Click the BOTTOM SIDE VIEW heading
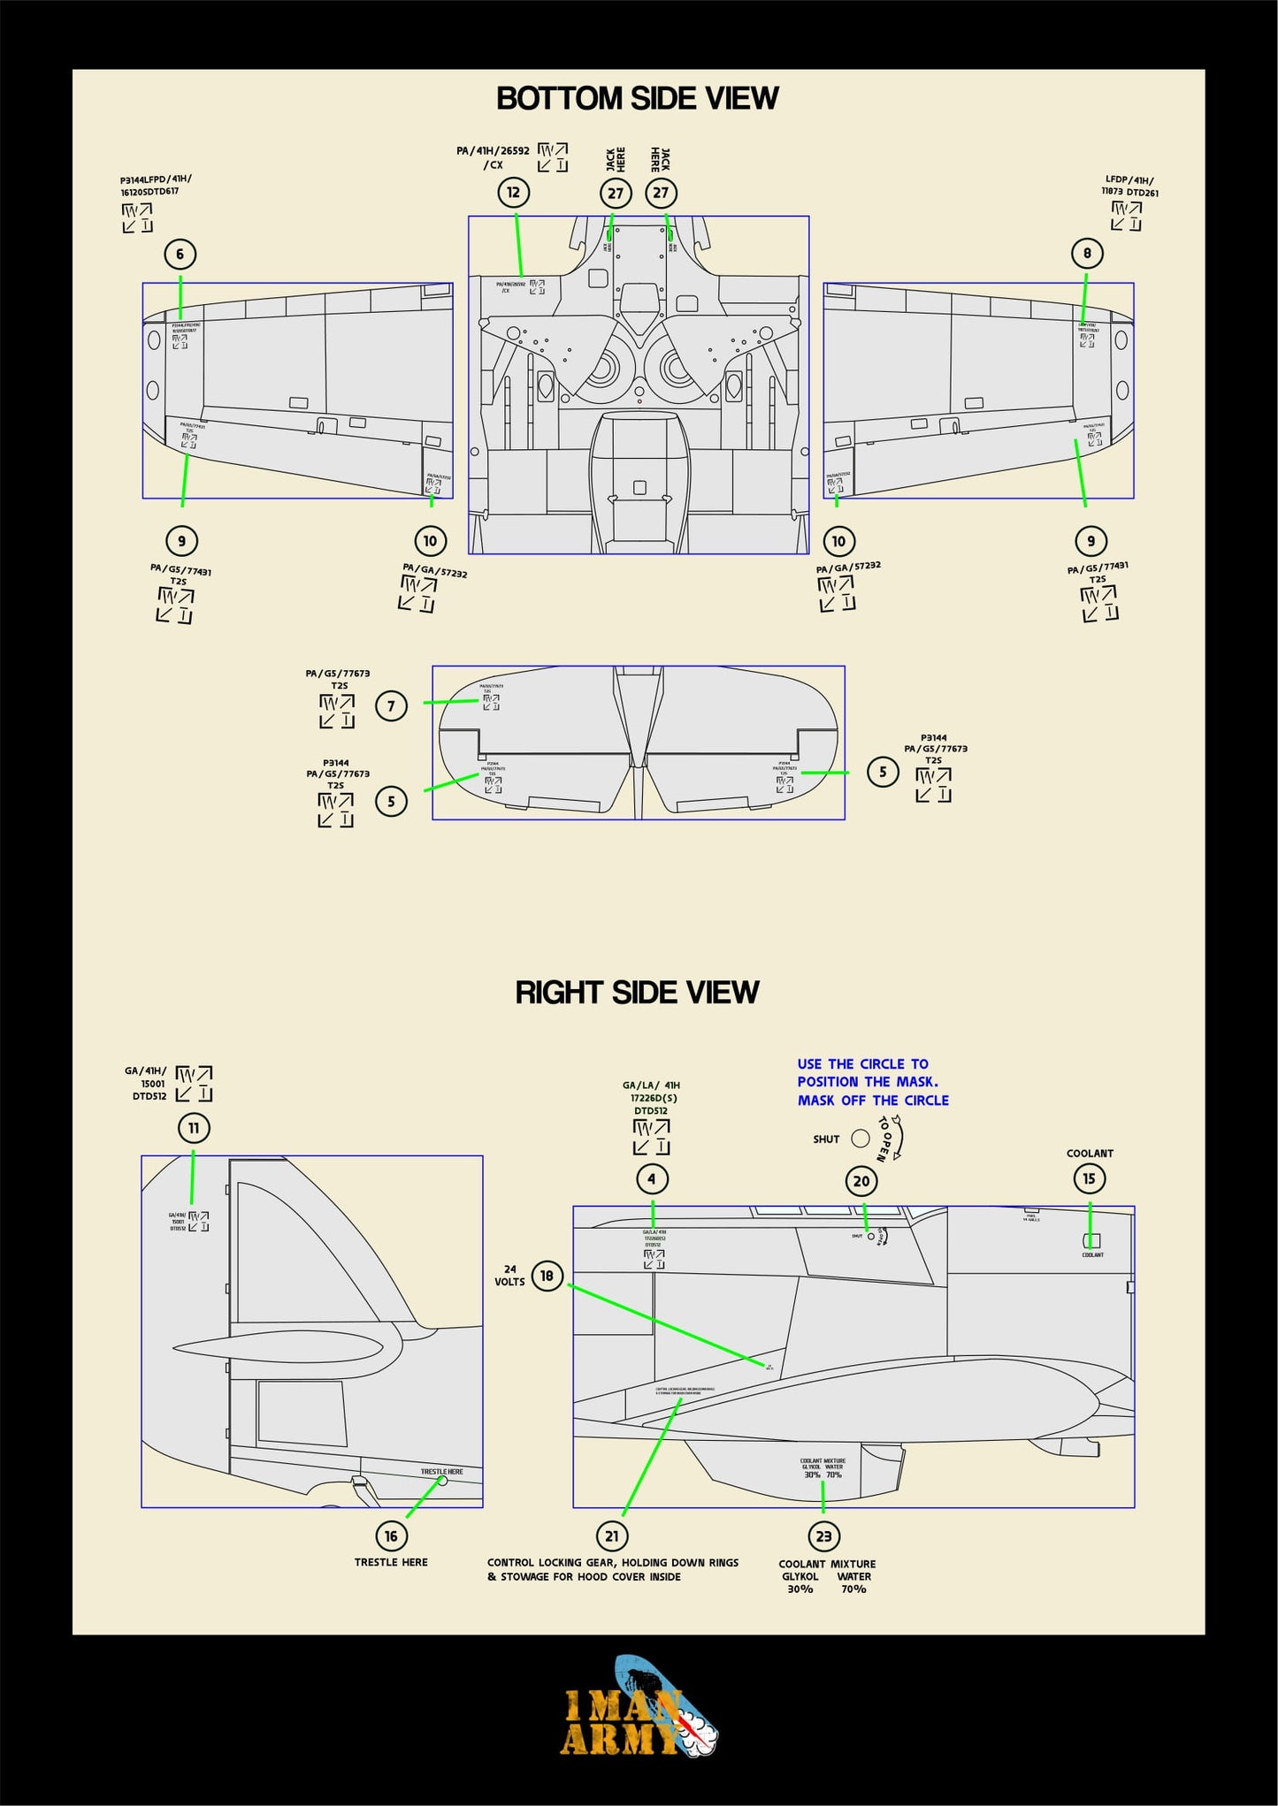(x=637, y=98)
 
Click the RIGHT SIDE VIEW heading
(x=637, y=992)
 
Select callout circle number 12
(x=513, y=193)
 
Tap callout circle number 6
(x=180, y=255)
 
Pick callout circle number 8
(x=1087, y=254)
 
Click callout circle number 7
(x=391, y=706)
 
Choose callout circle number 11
(x=194, y=1128)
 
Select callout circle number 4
(x=652, y=1178)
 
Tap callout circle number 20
(x=861, y=1181)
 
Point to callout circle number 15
(x=1089, y=1178)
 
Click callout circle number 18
(x=547, y=1276)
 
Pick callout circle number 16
(x=391, y=1535)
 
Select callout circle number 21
(x=611, y=1535)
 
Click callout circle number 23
(x=823, y=1535)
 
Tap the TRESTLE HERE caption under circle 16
(x=391, y=1562)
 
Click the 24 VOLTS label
(x=509, y=1276)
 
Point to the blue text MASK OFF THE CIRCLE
(x=873, y=1101)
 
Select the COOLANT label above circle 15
(x=1090, y=1154)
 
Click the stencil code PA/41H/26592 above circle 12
(x=493, y=151)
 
